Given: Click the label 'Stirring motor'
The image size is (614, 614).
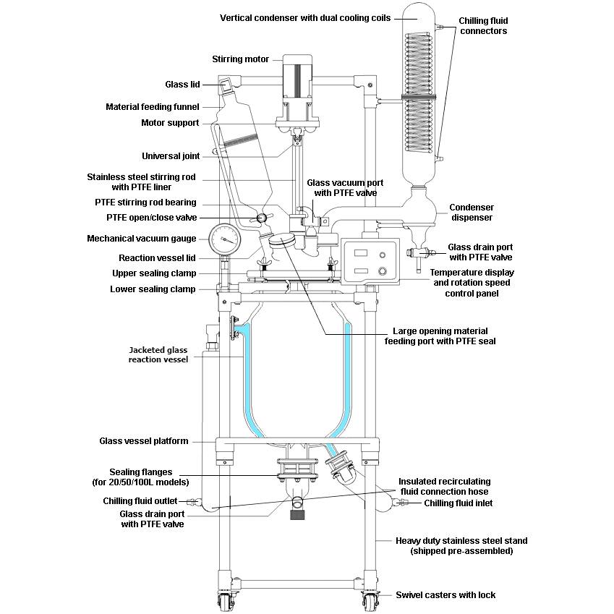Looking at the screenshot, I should click(240, 59).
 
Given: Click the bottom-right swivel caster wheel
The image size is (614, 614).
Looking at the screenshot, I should click(370, 600).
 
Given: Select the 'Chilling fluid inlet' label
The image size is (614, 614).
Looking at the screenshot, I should click(459, 503).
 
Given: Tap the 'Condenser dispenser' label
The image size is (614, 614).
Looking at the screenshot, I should click(472, 212).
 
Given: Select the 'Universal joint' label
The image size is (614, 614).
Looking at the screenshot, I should click(170, 155).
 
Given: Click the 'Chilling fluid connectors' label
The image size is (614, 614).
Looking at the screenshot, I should click(483, 26).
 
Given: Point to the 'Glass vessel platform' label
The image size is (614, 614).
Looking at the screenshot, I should click(143, 441).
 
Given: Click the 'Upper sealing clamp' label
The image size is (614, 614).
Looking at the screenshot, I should click(153, 273).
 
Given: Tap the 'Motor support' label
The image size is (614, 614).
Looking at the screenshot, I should click(170, 123).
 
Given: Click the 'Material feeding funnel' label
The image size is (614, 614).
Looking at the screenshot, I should click(152, 107).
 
